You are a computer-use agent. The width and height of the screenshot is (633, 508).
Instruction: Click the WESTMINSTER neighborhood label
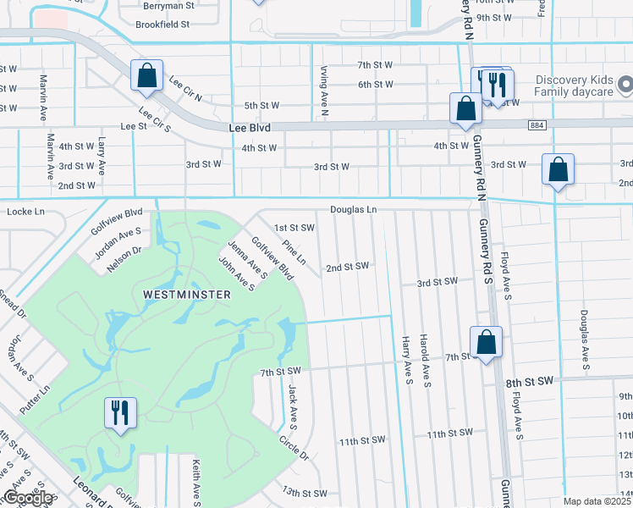tap(186, 294)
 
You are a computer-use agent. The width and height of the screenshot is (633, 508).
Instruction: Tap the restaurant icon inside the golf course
tap(119, 413)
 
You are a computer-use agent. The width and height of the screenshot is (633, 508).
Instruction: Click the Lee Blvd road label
tap(249, 128)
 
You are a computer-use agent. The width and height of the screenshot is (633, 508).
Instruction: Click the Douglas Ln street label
tap(353, 208)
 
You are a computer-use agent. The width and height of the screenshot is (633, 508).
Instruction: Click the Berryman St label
tap(168, 4)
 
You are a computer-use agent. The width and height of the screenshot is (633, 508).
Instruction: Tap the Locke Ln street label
tap(24, 210)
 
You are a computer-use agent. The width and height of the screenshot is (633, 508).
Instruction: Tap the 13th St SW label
tap(304, 493)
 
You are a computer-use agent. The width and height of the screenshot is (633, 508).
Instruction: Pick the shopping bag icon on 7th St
tap(486, 342)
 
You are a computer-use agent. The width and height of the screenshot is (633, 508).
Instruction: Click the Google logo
tap(28, 499)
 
